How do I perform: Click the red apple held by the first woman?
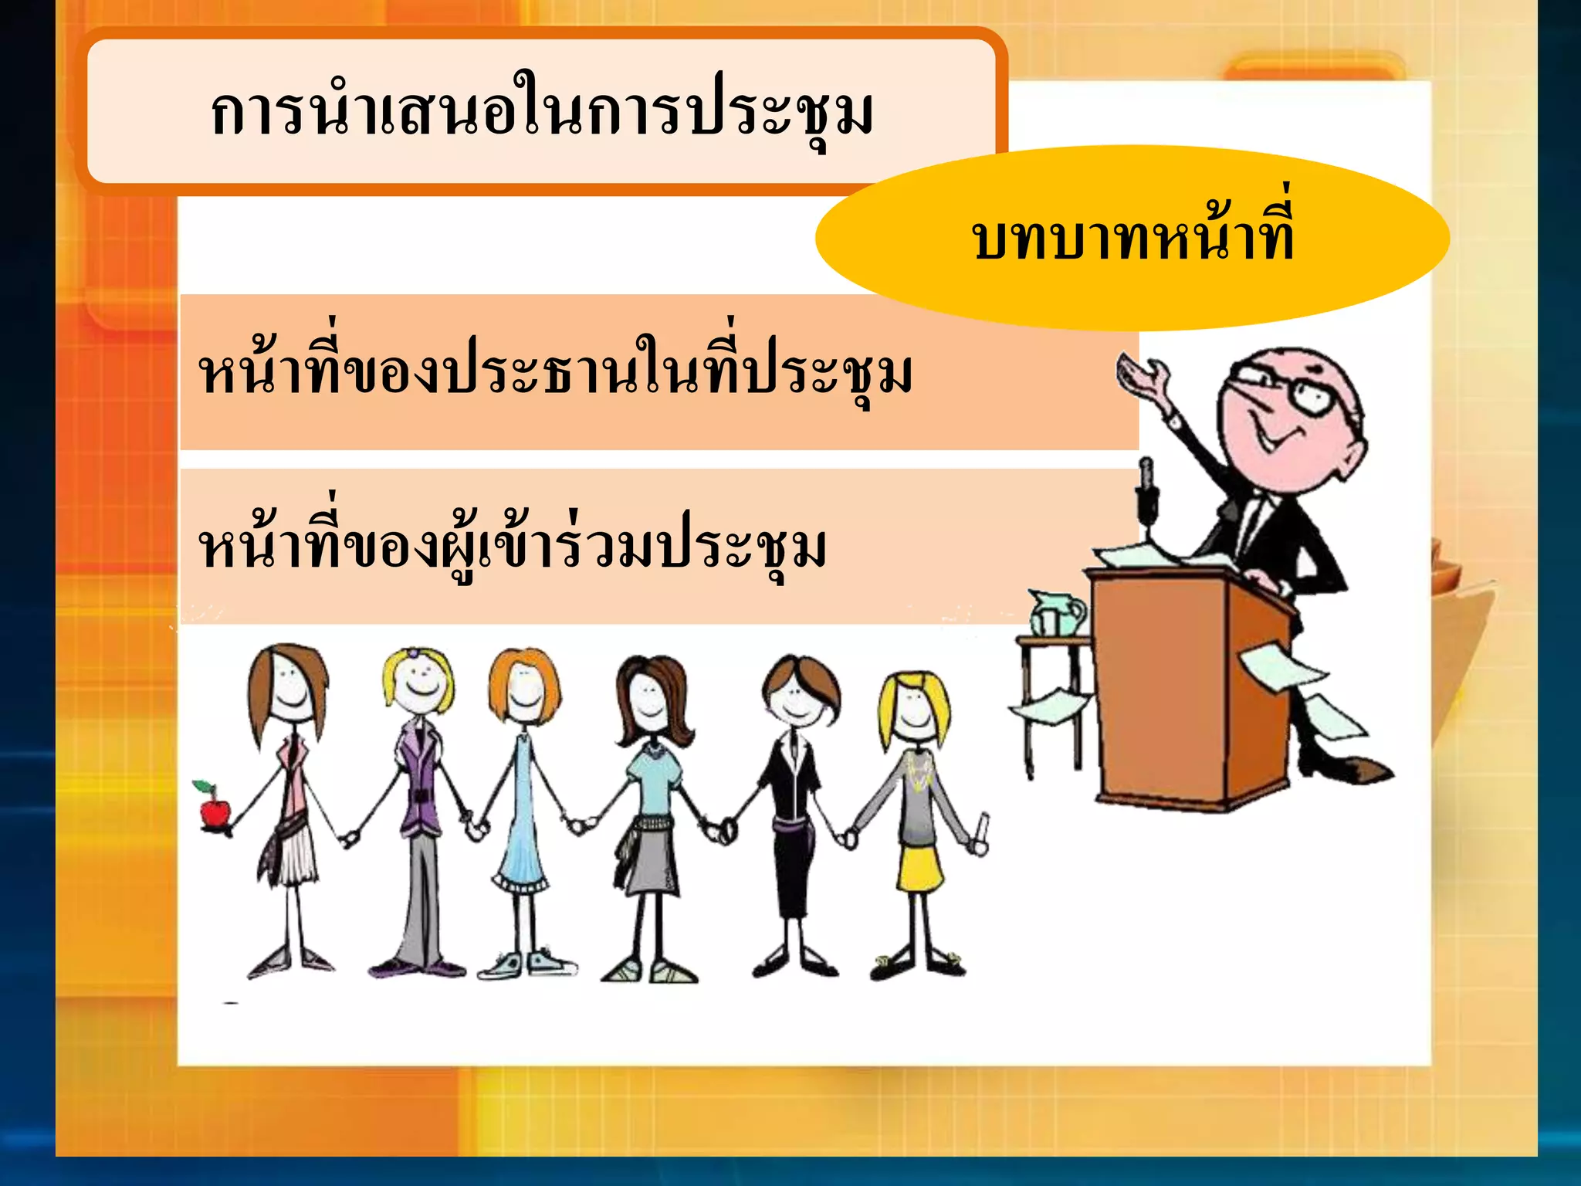click(x=215, y=810)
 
